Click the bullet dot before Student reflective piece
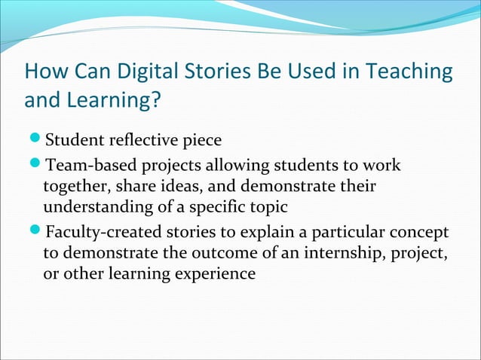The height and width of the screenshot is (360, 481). (x=36, y=141)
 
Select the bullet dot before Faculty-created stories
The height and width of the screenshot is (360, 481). (x=36, y=230)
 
